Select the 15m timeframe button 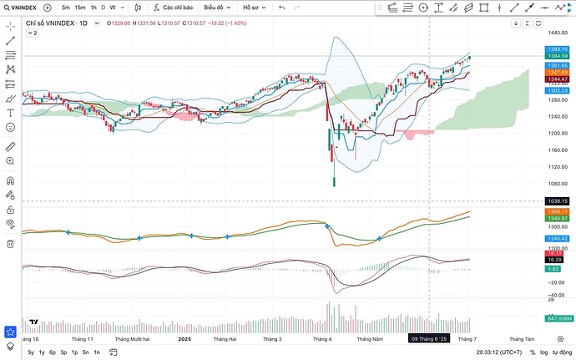(79, 8)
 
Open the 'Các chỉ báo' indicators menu (173, 8)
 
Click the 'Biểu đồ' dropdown (219, 8)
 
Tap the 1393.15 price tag (558, 49)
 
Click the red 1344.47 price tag (558, 79)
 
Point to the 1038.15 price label (558, 201)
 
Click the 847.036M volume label (558, 318)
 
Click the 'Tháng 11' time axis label (83, 339)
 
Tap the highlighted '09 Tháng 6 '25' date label (429, 339)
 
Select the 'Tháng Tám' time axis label (521, 339)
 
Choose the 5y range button (31, 352)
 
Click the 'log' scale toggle (547, 352)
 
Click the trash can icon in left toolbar (10, 243)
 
